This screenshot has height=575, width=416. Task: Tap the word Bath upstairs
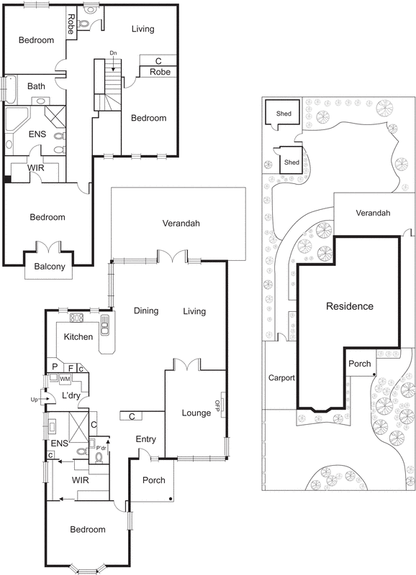[36, 86]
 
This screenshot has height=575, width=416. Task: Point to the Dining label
[147, 311]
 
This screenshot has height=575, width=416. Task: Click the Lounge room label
[196, 413]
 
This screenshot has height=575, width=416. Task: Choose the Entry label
[146, 439]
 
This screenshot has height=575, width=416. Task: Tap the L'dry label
[70, 396]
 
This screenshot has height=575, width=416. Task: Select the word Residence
[350, 306]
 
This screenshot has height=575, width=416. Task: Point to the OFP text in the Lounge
[216, 402]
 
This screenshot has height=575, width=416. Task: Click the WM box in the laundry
[65, 378]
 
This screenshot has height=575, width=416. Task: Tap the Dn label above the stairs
[113, 53]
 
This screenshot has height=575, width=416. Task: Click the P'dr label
[101, 448]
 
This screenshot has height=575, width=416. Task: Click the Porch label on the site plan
[359, 364]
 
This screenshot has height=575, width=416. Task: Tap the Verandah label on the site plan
[372, 213]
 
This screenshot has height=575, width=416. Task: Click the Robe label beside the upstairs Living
[160, 72]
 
